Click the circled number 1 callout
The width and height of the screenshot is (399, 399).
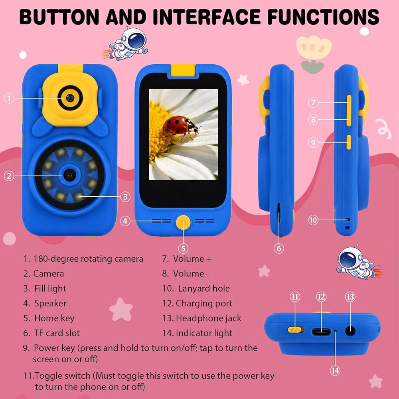[9, 98]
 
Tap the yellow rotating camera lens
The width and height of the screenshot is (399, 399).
[70, 98]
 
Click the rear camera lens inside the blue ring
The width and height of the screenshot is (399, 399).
[69, 175]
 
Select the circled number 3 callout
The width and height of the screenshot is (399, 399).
[125, 197]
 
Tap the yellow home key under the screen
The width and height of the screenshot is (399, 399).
[183, 222]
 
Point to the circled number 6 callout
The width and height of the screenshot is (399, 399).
[279, 248]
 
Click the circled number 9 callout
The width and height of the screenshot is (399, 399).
[313, 142]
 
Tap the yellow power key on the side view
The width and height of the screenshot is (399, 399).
[349, 142]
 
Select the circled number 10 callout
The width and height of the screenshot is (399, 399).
[313, 219]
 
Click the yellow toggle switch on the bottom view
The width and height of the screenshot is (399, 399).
[296, 330]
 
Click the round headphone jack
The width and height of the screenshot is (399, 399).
[350, 331]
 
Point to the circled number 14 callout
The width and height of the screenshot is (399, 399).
[335, 371]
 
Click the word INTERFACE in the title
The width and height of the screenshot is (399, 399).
[207, 17]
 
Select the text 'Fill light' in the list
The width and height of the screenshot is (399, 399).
[50, 288]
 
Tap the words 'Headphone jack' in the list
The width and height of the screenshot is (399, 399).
[209, 318]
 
